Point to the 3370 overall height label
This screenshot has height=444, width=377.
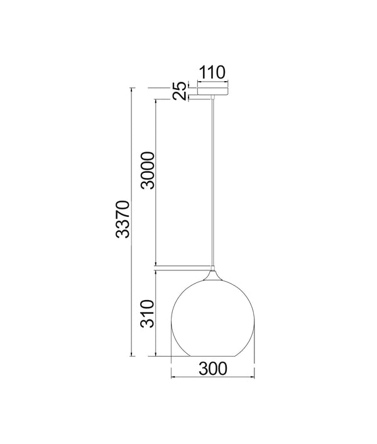[x=123, y=219]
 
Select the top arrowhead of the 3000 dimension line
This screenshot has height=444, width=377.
[x=155, y=99]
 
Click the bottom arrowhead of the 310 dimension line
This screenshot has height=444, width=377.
[x=155, y=356]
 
